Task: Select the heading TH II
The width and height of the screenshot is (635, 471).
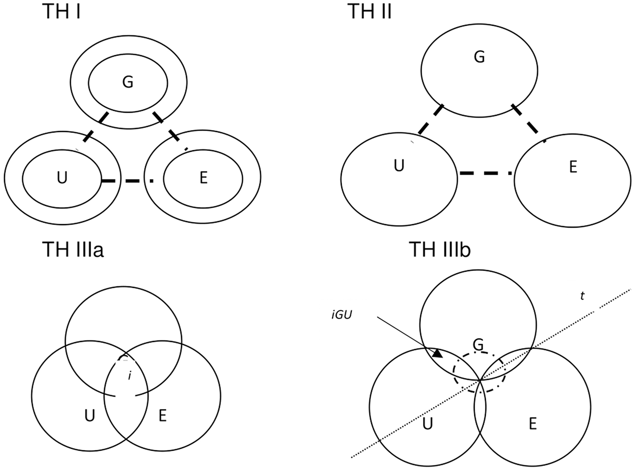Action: [x=370, y=11]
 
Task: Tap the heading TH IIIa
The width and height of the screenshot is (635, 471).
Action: [x=73, y=250]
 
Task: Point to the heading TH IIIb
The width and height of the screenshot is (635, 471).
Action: [x=439, y=250]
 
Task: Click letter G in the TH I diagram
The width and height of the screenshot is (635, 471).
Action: [x=128, y=82]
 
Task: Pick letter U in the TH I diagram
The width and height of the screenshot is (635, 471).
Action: [x=62, y=179]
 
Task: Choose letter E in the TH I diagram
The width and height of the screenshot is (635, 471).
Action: [x=203, y=179]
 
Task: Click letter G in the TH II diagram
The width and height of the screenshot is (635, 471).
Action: [x=479, y=57]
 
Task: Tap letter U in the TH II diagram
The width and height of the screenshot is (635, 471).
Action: [x=399, y=166]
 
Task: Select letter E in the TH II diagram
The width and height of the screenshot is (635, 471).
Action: [x=573, y=167]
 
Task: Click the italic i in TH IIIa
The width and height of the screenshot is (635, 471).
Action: [x=130, y=376]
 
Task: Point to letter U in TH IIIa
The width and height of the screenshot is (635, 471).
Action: [x=89, y=416]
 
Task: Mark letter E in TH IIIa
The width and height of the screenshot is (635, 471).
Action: [x=162, y=416]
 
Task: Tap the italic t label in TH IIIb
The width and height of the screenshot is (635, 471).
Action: [x=582, y=296]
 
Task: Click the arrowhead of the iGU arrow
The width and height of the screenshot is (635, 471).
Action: [x=438, y=353]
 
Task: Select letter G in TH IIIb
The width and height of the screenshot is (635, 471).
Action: [x=478, y=345]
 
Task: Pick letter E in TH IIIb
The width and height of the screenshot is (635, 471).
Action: [x=532, y=424]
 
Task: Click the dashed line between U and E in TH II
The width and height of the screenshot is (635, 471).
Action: [x=486, y=174]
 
